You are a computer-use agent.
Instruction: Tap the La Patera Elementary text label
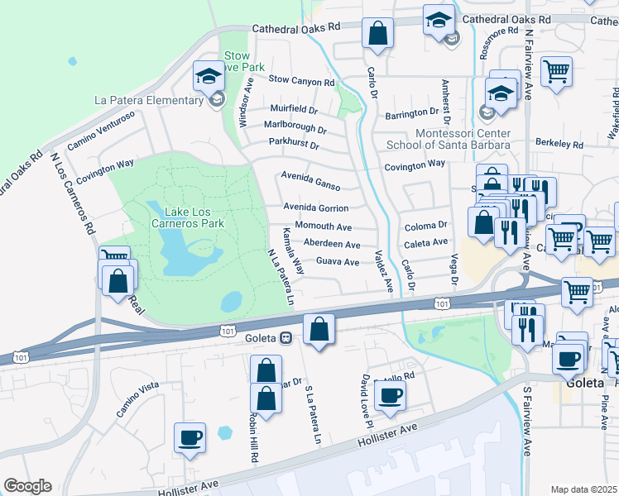(x=149, y=101)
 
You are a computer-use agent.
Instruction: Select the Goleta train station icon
(x=285, y=337)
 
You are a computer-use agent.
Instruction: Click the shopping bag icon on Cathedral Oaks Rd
(x=377, y=35)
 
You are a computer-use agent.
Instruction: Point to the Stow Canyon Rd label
(x=302, y=82)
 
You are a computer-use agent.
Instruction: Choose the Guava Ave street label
(x=338, y=262)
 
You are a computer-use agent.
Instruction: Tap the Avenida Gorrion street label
(x=315, y=207)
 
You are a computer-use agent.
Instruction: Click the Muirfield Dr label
(x=294, y=109)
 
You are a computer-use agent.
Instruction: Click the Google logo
(x=27, y=486)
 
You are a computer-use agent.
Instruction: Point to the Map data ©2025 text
(x=583, y=489)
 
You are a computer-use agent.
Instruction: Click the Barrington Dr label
(x=410, y=112)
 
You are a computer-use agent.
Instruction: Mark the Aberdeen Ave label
(x=332, y=245)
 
